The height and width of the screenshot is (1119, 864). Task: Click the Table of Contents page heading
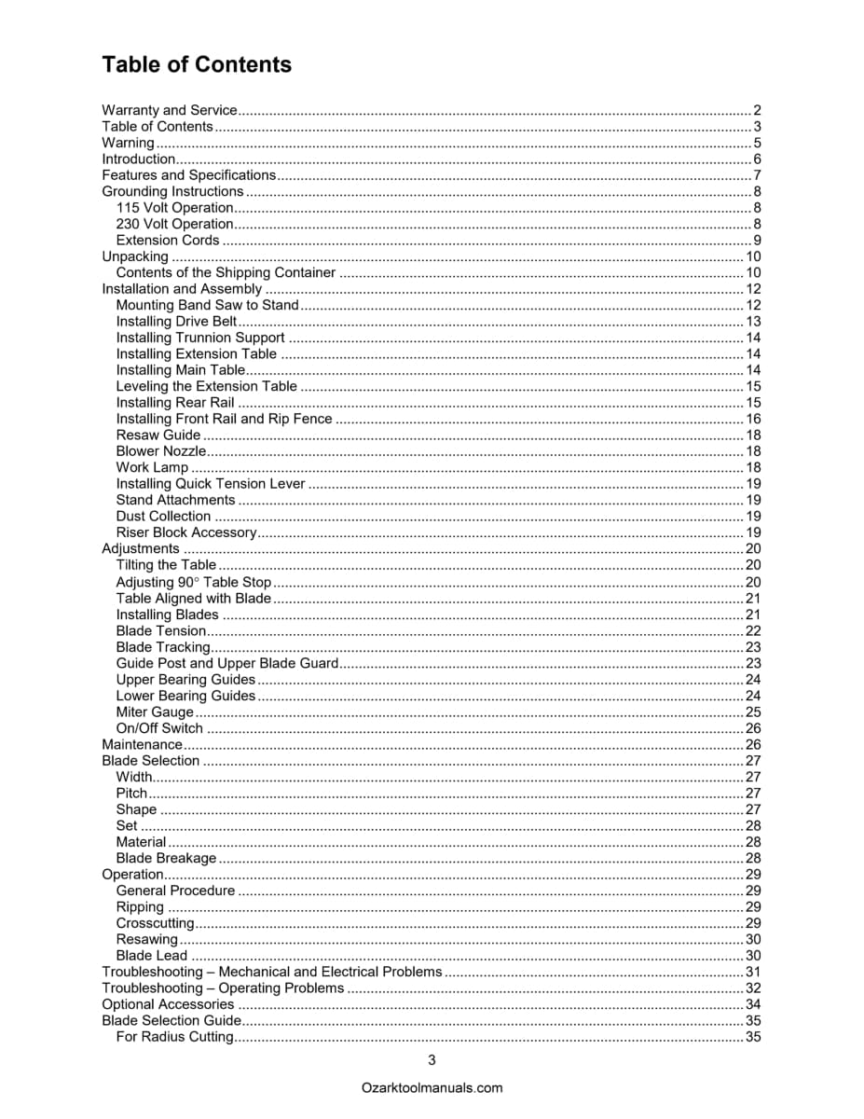coord(197,64)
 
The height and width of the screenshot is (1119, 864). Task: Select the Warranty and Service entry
coord(169,110)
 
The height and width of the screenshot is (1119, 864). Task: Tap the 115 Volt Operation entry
coord(174,207)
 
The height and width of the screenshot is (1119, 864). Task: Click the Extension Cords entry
coord(168,240)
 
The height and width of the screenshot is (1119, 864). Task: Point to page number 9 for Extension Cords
coord(758,240)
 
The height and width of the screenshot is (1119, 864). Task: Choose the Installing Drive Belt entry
coord(177,321)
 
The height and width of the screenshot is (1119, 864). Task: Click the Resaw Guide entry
coord(158,435)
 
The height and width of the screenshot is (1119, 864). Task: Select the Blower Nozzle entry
coord(161,451)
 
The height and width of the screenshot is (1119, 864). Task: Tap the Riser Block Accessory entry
coord(185,532)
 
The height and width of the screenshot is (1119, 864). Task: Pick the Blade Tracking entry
coord(163,647)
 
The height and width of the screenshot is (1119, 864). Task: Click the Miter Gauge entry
coord(155,712)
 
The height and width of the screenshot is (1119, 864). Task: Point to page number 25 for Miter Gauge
coord(754,712)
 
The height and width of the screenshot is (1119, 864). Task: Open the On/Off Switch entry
coord(159,728)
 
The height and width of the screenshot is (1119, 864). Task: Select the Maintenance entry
coord(142,744)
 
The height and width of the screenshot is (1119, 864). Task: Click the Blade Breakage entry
coord(166,858)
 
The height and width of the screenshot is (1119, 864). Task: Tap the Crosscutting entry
coord(155,923)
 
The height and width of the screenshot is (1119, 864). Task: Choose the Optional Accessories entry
coord(168,1004)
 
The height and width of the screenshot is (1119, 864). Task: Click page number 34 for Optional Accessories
coord(754,1004)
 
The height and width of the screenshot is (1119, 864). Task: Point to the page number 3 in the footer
coord(432,1059)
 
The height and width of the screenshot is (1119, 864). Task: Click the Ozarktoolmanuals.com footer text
coord(432,1087)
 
